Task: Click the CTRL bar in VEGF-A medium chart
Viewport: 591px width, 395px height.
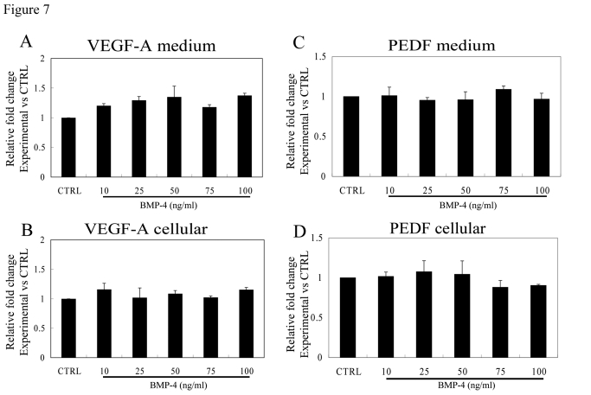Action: click(67, 147)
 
